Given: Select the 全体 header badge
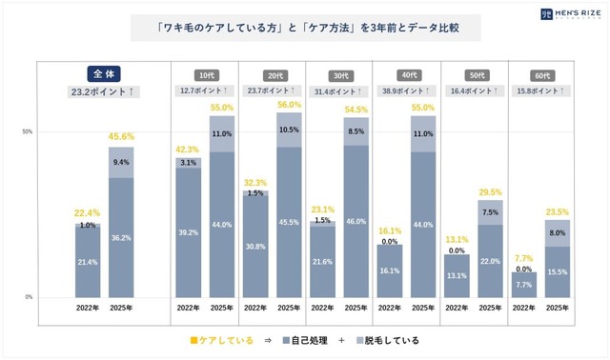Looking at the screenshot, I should [x=102, y=73].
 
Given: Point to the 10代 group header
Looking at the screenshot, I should [x=204, y=73].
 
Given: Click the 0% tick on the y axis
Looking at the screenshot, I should [x=30, y=297].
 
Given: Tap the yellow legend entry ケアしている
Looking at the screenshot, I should [x=221, y=340].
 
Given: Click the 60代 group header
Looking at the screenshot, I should [x=541, y=73].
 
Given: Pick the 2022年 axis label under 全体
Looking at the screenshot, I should [x=89, y=309].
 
